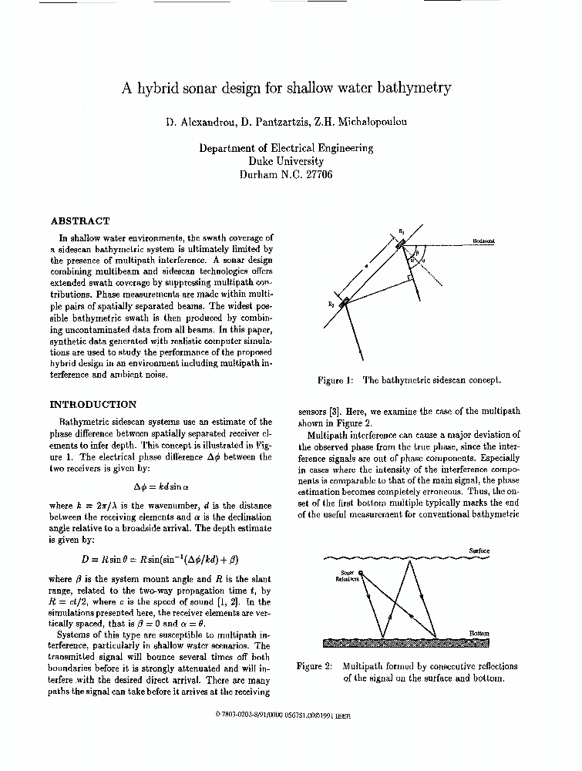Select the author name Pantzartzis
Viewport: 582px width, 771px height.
269,123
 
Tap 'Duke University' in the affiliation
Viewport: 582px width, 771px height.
285,162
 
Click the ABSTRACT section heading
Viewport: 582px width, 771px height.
80,221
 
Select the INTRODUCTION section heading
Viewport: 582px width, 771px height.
93,404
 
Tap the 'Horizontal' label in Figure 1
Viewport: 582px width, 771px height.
483,241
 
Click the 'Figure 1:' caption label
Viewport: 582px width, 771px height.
336,380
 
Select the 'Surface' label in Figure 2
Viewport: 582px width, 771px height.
479,550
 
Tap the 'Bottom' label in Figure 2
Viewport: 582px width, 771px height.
479,634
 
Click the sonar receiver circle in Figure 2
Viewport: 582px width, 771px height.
360,572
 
